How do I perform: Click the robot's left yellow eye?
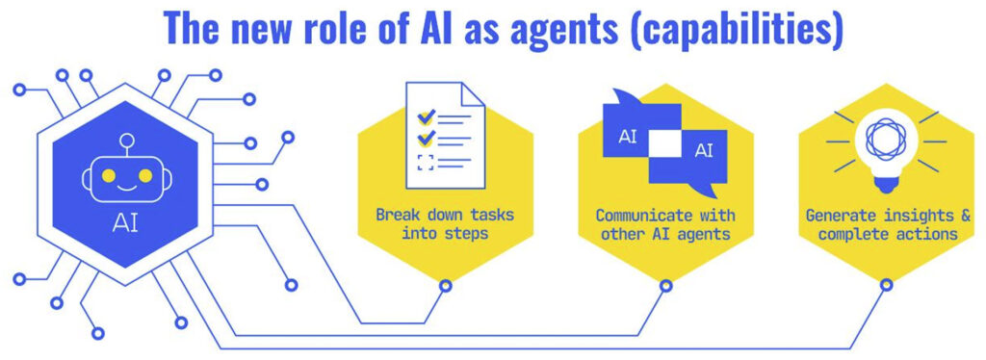pos(109,176)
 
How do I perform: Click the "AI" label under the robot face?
pos(125,223)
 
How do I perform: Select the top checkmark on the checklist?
pos(426,117)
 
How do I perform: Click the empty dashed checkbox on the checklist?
pos(426,161)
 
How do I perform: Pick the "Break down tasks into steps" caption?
pos(445,223)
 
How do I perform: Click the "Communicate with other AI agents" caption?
pos(664,223)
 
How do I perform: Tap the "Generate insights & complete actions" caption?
pos(882,223)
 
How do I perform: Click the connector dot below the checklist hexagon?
pos(445,286)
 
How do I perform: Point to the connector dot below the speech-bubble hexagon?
pos(664,286)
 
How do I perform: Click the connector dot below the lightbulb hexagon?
pos(884,286)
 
